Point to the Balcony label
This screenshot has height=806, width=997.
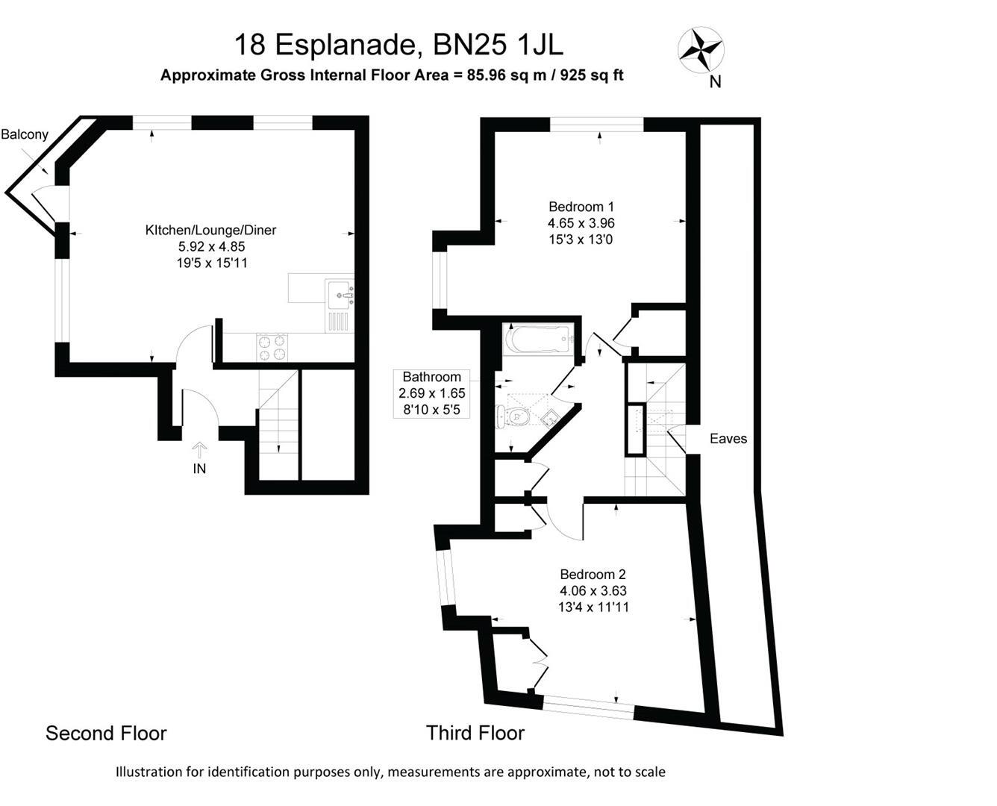coord(25,135)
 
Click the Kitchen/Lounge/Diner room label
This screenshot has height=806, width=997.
coord(210,230)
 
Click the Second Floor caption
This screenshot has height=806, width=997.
coord(106,733)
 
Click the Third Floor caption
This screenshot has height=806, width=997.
coord(475,733)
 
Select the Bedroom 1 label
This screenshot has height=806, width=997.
coord(581,207)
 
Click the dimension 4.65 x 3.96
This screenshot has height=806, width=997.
coord(581,223)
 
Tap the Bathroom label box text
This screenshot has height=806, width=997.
coord(431,377)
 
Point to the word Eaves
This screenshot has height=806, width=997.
coord(728,439)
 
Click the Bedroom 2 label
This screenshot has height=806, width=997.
coord(593,574)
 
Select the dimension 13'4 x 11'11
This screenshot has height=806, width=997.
coord(593,607)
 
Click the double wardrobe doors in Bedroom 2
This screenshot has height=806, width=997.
coord(538,661)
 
